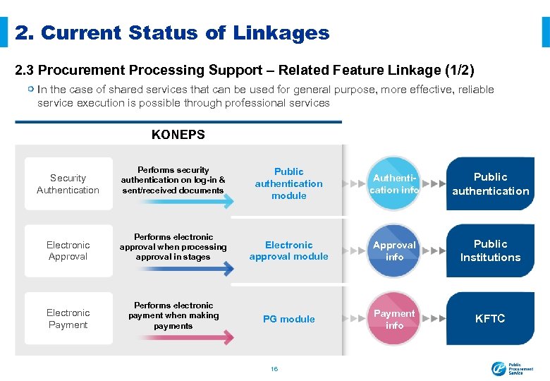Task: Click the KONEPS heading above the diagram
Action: [x=178, y=134]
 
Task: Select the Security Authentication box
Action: [x=68, y=183]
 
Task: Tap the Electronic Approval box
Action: [x=68, y=250]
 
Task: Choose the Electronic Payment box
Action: [x=68, y=318]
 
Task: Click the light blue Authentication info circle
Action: [x=394, y=183]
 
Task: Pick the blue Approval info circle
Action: [x=394, y=250]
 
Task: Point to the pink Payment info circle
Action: [x=394, y=319]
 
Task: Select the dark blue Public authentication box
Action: [x=490, y=183]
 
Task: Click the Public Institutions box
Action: [x=490, y=250]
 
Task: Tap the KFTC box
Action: [x=490, y=318]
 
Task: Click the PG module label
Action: [x=288, y=319]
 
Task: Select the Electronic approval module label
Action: [x=288, y=250]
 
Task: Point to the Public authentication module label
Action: [x=288, y=183]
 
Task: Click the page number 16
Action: [x=275, y=368]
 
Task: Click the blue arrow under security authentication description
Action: [x=177, y=202]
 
